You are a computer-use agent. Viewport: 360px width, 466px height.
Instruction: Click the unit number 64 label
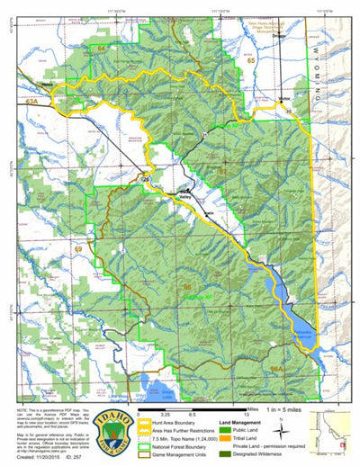tap(103, 47)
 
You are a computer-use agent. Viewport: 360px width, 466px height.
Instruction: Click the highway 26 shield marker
tap(145, 180)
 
